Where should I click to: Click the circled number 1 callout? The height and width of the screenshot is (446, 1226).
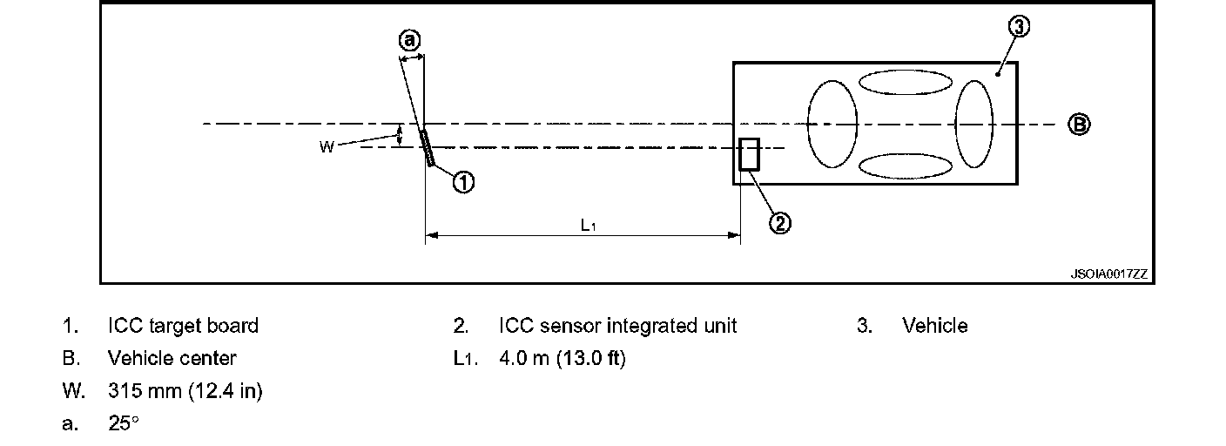463,182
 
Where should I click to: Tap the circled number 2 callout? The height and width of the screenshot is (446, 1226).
779,223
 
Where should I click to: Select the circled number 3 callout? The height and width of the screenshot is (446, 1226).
1020,28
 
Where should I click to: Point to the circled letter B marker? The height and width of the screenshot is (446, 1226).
1079,125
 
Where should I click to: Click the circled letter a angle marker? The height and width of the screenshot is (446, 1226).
409,40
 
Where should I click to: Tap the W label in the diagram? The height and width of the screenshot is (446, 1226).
327,147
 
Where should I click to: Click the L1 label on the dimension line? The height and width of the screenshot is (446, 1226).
588,225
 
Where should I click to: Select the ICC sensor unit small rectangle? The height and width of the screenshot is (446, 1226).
748,154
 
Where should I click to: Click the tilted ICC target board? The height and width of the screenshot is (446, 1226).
427,147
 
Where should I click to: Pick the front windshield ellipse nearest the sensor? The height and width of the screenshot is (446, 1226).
833,123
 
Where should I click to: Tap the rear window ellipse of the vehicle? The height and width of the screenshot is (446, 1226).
973,123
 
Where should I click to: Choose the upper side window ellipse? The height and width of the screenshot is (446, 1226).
906,81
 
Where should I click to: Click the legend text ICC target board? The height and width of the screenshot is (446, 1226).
183,326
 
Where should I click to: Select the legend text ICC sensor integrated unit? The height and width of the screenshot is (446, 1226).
617,326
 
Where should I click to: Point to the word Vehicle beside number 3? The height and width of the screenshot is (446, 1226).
934,326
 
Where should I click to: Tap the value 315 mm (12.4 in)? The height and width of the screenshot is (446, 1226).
185,391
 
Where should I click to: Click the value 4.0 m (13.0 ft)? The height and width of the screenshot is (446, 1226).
562,358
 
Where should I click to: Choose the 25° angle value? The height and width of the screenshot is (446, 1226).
123,424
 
